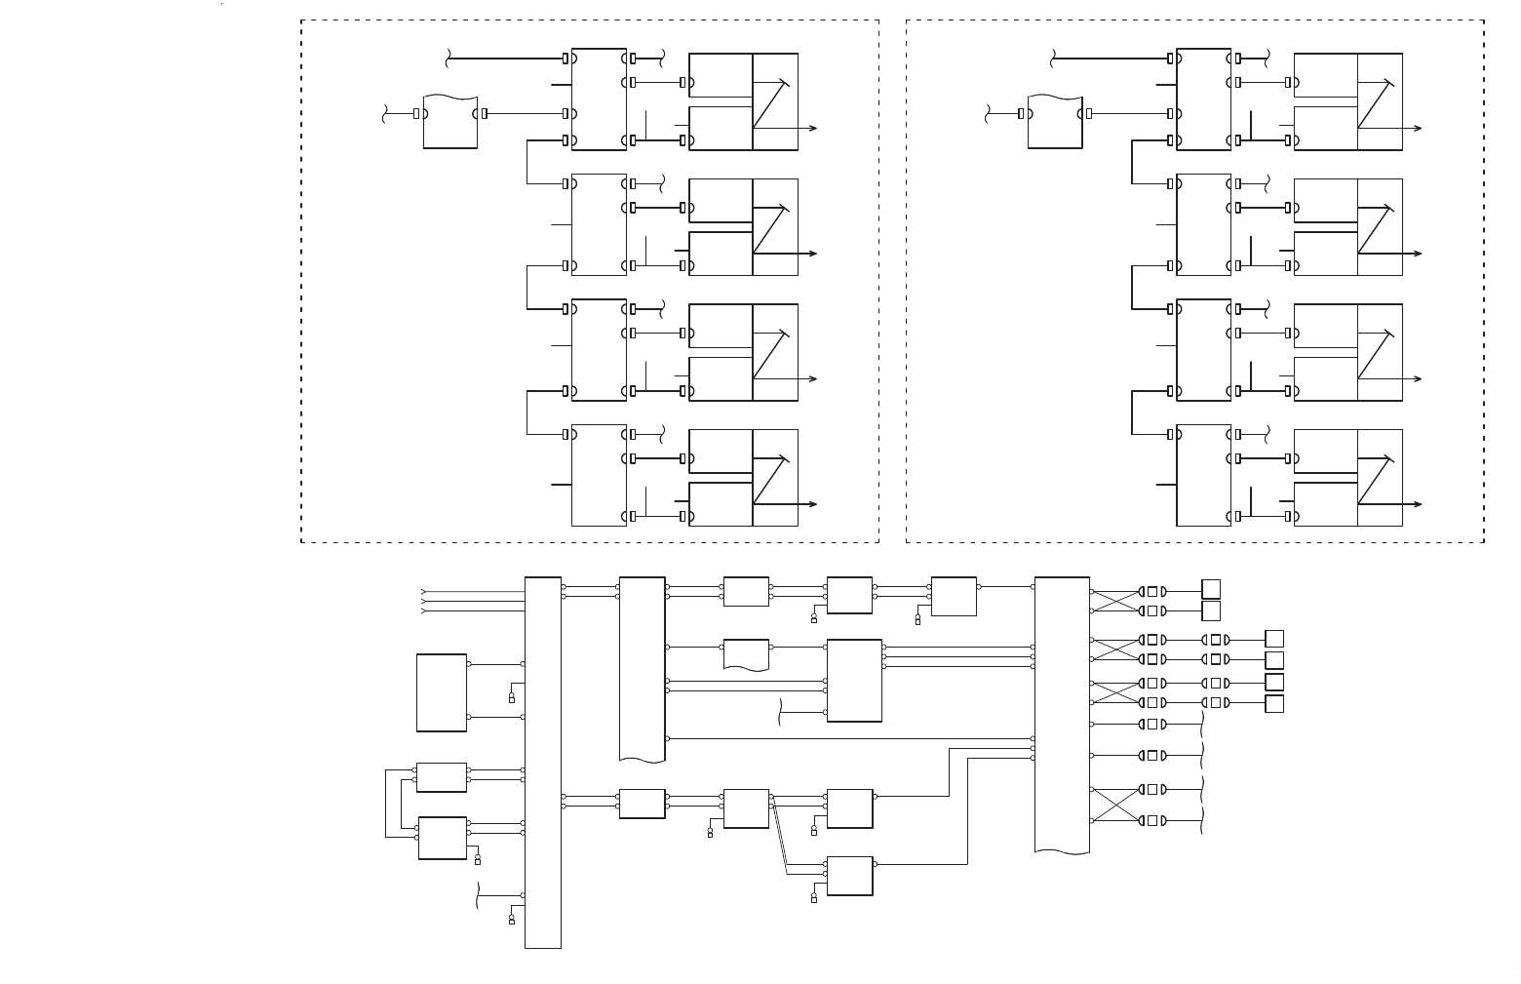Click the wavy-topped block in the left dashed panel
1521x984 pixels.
(x=450, y=123)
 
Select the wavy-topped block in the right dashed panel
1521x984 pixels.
(x=1055, y=123)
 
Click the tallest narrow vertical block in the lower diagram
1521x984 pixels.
(x=542, y=762)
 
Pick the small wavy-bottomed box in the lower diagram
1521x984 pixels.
(x=746, y=654)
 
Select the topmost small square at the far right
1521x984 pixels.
(x=1211, y=589)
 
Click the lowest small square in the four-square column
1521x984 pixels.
(x=1274, y=704)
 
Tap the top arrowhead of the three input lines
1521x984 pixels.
(x=423, y=591)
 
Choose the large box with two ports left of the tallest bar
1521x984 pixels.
(x=441, y=692)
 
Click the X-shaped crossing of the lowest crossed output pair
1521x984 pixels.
(x=1114, y=805)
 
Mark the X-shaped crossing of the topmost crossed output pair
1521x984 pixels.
(x=1114, y=601)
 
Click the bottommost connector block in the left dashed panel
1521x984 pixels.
(x=599, y=475)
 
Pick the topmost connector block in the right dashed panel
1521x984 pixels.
(x=1203, y=99)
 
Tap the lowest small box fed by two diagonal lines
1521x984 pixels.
(x=849, y=876)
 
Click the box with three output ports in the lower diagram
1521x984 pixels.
(x=854, y=681)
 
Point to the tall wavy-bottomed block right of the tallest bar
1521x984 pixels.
(x=642, y=669)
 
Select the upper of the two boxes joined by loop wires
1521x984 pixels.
(x=441, y=777)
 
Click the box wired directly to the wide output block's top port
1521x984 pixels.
(x=954, y=596)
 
